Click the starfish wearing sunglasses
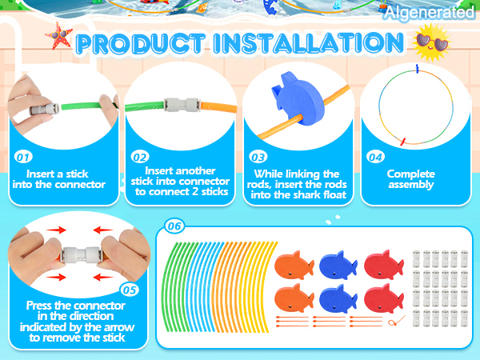point(58,36)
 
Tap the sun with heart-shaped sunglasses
point(432,43)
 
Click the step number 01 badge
point(23,158)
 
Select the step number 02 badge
point(140,158)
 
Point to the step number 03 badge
point(258,158)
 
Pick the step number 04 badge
point(376,158)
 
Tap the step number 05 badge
point(129,290)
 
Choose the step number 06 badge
point(174,226)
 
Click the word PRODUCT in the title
point(140,44)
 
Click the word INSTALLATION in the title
point(309,43)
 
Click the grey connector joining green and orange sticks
point(182,105)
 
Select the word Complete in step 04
point(411,174)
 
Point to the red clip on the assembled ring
point(403,142)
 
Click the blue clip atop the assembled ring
point(417,69)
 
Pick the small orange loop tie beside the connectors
point(397,321)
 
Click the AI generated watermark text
point(429,13)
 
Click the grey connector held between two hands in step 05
point(81,254)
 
